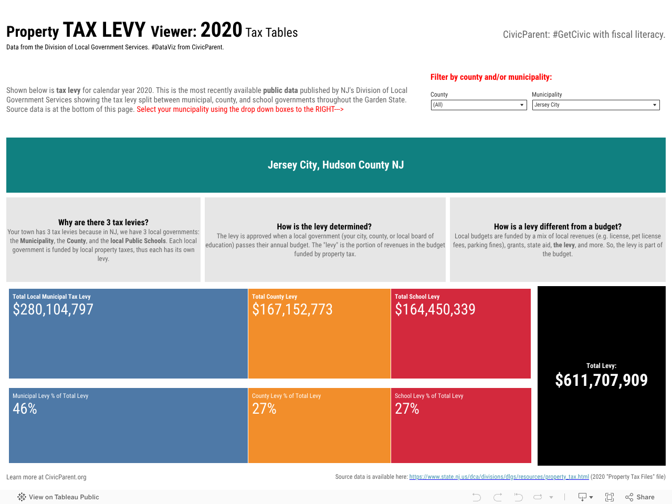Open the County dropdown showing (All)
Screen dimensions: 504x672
tap(478, 105)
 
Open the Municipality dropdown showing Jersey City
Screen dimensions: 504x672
tap(595, 105)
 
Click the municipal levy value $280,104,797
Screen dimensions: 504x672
tap(53, 310)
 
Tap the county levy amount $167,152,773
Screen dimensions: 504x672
tap(292, 310)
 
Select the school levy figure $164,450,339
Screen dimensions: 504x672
tap(435, 310)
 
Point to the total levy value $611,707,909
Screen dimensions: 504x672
tap(601, 380)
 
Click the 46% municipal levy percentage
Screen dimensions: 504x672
tap(25, 409)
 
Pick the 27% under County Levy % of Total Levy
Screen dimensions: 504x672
tap(264, 409)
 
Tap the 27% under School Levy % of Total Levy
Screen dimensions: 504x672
tap(407, 409)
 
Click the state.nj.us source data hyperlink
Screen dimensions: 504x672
tap(499, 477)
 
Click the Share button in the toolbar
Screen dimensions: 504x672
tap(640, 497)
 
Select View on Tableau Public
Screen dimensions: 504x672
tap(58, 497)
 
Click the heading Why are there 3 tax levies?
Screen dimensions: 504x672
tap(103, 223)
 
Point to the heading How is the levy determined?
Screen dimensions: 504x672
tap(324, 227)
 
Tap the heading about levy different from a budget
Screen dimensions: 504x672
tap(558, 227)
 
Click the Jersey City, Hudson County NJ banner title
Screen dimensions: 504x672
tap(336, 165)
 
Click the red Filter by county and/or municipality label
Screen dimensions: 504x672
tap(491, 77)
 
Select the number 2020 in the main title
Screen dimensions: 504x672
tap(221, 30)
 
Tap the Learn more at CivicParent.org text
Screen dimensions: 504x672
tap(46, 477)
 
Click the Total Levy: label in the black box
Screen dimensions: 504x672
tap(601, 366)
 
